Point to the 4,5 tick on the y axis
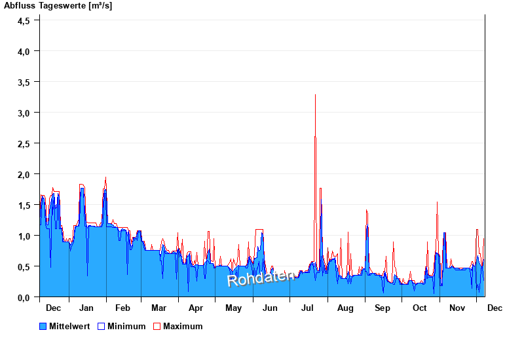pyautogui.click(x=24, y=20)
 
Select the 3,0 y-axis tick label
pyautogui.click(x=24, y=113)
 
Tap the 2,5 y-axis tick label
pyautogui.click(x=24, y=143)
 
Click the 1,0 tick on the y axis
pyautogui.click(x=24, y=236)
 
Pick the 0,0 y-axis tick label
pyautogui.click(x=24, y=298)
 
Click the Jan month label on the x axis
pyautogui.click(x=86, y=308)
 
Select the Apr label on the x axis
pyautogui.click(x=196, y=308)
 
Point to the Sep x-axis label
pyautogui.click(x=383, y=308)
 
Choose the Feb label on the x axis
pyautogui.click(x=122, y=308)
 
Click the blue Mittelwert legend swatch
pyautogui.click(x=43, y=326)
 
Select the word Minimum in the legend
pyautogui.click(x=126, y=326)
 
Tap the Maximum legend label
pyautogui.click(x=183, y=326)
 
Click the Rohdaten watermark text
pyautogui.click(x=260, y=278)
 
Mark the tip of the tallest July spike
pyautogui.click(x=315, y=95)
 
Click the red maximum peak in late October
pyautogui.click(x=437, y=202)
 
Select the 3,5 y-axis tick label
pyautogui.click(x=24, y=82)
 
